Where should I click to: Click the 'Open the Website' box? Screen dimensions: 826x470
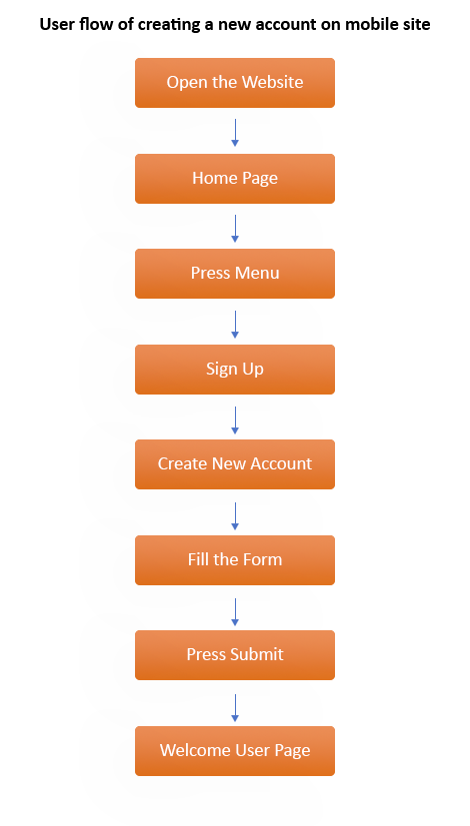(x=235, y=83)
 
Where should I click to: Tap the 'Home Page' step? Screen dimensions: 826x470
(x=235, y=179)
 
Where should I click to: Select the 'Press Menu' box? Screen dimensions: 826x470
(x=235, y=274)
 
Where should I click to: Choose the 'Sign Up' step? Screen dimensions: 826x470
(x=235, y=370)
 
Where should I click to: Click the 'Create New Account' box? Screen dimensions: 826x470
(x=235, y=464)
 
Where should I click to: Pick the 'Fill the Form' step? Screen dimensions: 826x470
(x=235, y=560)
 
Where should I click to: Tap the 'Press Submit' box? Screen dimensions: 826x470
(x=235, y=655)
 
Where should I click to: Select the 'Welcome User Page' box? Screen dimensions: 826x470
(x=235, y=751)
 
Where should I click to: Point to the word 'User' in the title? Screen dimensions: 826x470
(x=57, y=24)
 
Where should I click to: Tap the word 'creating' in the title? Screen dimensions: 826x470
(x=165, y=24)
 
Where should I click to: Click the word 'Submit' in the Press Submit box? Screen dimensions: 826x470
(x=258, y=655)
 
